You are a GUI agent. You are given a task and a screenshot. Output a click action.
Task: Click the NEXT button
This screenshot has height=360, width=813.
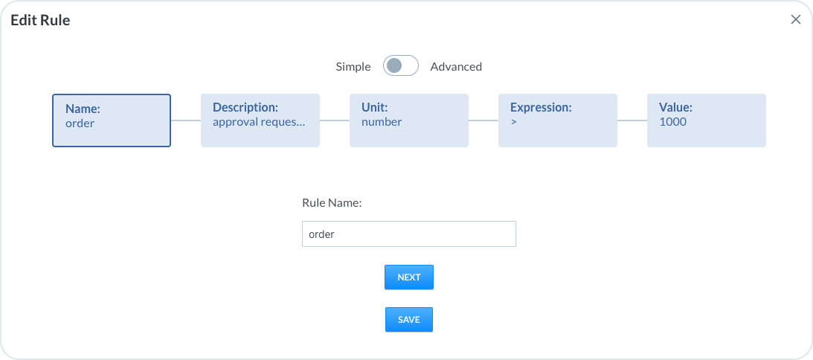tap(408, 277)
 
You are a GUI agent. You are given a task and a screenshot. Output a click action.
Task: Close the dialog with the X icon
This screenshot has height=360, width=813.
tap(795, 20)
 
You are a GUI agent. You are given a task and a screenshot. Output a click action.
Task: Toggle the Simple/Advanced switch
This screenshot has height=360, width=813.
tap(401, 66)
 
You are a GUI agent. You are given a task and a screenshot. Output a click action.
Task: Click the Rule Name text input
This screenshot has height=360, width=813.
tap(409, 234)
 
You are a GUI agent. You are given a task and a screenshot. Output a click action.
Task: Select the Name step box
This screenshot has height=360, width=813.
tap(112, 120)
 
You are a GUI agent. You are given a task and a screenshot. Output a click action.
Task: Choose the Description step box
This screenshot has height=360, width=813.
tap(260, 120)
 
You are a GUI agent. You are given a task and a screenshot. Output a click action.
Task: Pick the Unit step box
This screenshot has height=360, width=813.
tap(409, 120)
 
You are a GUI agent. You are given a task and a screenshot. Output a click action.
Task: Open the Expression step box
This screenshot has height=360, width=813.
tap(558, 120)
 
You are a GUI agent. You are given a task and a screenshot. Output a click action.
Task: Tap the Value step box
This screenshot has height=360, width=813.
tap(707, 120)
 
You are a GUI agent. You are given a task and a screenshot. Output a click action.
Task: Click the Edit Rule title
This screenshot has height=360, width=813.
tap(40, 20)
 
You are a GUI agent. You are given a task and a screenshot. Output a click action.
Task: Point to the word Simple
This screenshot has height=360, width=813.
tap(353, 66)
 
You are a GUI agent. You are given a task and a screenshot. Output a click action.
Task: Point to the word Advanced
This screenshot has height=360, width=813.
tap(456, 66)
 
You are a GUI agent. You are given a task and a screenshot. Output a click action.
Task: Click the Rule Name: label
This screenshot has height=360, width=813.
tap(332, 203)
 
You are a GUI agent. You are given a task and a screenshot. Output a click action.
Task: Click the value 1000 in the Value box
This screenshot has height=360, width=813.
tap(673, 122)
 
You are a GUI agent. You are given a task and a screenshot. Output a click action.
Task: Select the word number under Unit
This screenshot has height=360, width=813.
tap(382, 122)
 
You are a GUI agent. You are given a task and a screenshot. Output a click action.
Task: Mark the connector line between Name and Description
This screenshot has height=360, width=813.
tap(186, 120)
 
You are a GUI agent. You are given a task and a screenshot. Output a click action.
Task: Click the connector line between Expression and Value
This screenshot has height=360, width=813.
tap(632, 120)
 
